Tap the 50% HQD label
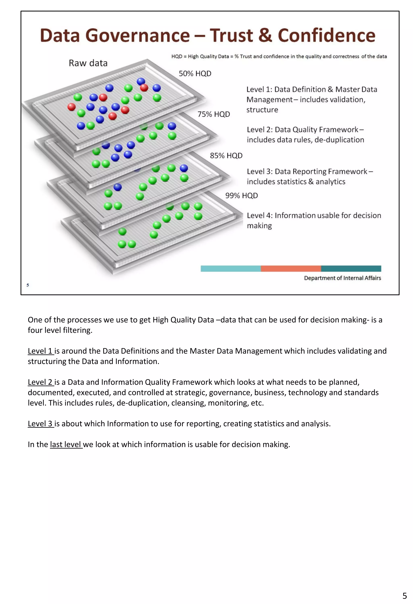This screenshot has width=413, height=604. (195, 74)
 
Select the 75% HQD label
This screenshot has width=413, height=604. (214, 114)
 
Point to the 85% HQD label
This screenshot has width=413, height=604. (226, 155)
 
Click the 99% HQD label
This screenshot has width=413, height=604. (241, 195)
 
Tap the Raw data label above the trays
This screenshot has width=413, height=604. (88, 63)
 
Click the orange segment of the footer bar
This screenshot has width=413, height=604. (291, 268)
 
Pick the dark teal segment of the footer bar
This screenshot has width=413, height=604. (351, 268)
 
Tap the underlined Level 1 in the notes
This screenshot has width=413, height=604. (40, 351)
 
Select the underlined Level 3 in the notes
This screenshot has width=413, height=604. (40, 424)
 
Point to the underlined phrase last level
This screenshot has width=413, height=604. (66, 444)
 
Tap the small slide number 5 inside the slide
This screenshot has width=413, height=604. (28, 285)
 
